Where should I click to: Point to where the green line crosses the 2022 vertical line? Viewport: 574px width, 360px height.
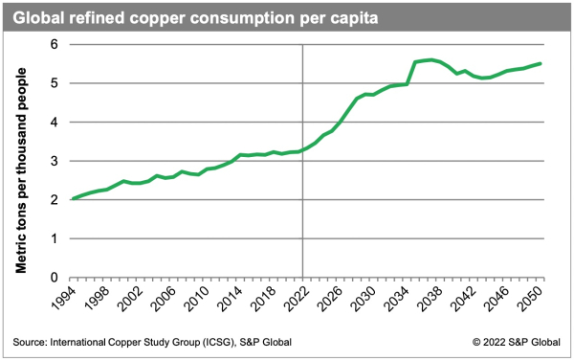point(303,150)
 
